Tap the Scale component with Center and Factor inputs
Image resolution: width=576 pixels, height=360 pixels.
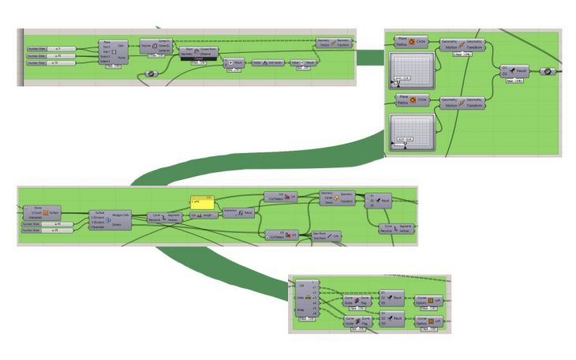pos(337,198)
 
